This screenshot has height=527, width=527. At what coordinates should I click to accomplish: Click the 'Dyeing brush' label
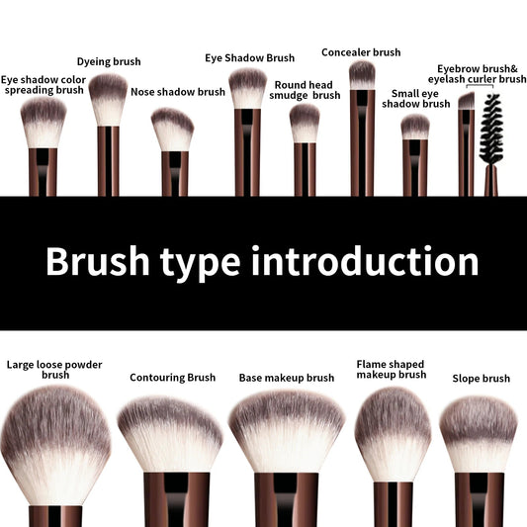[x=109, y=61]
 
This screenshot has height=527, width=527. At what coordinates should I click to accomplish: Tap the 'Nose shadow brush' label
[x=178, y=92]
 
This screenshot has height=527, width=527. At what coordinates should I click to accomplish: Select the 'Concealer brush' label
[x=361, y=52]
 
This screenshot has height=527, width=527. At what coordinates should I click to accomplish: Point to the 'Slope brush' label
[x=481, y=379]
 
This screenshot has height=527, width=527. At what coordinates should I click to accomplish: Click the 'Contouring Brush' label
[x=172, y=378]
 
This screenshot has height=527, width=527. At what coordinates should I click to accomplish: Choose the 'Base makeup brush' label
[x=287, y=378]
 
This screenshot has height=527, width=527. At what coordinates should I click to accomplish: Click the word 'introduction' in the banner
[x=365, y=262]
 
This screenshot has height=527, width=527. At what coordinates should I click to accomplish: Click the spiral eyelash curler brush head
[x=491, y=128]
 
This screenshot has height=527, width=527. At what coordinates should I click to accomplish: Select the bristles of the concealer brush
[x=362, y=74]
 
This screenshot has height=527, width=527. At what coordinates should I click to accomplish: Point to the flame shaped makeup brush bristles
[x=393, y=429]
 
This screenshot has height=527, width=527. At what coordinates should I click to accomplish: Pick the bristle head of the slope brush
[x=479, y=431]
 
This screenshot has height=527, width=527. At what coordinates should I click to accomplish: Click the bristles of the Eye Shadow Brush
[x=247, y=86]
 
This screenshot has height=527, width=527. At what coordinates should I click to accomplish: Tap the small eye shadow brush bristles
[x=415, y=126]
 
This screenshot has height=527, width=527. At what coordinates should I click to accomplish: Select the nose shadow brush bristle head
[x=173, y=129]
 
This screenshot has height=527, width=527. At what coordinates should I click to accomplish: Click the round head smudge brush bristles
[x=305, y=123]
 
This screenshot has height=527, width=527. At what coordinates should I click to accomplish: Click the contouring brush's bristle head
[x=170, y=432]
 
